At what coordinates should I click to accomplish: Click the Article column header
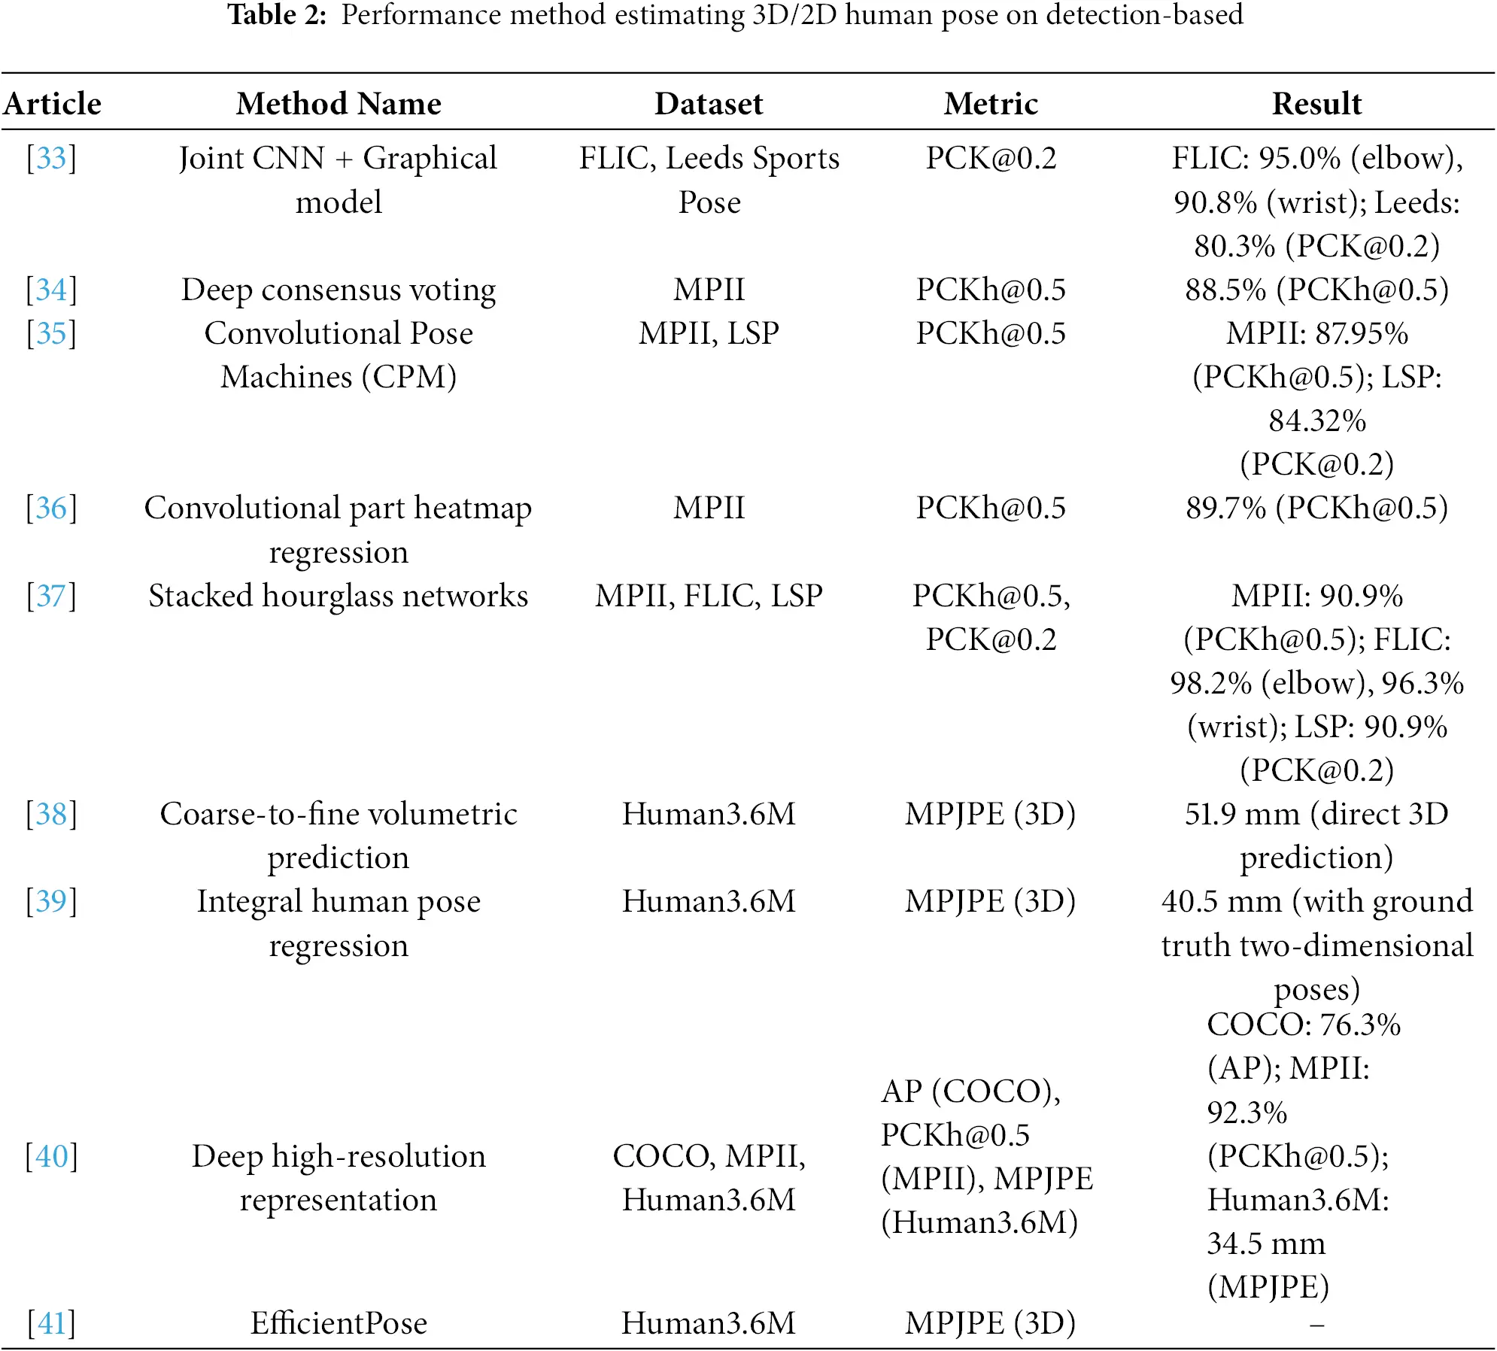(52, 104)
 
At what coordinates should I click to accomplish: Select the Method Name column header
(339, 104)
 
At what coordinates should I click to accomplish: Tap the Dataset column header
(709, 104)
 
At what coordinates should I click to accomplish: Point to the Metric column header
(991, 104)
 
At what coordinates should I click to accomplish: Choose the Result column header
(1316, 104)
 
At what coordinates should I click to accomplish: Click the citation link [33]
(51, 158)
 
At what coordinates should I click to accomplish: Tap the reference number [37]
(51, 596)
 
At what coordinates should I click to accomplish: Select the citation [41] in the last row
(51, 1322)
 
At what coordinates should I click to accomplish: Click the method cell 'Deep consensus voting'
(339, 290)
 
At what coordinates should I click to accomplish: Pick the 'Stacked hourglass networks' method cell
(339, 596)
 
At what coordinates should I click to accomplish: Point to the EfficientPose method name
(339, 1322)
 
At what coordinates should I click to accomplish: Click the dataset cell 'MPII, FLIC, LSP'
(709, 596)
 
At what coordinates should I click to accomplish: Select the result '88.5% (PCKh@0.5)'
(1316, 290)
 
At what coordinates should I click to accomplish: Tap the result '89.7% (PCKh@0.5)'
(1316, 508)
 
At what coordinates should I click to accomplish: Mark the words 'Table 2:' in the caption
(277, 14)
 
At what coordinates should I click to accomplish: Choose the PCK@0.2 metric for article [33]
(991, 158)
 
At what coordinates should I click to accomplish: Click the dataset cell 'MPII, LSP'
(709, 333)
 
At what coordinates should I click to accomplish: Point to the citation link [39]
(51, 901)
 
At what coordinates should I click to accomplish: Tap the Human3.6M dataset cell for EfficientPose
(709, 1322)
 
